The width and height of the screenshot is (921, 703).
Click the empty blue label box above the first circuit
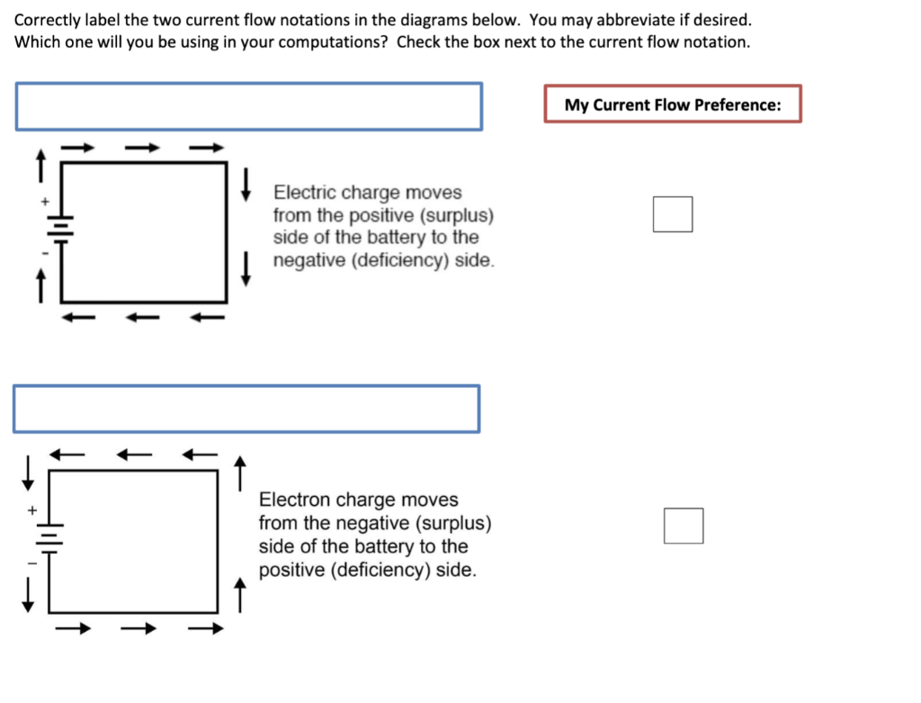(x=248, y=106)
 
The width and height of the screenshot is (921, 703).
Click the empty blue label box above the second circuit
(x=246, y=409)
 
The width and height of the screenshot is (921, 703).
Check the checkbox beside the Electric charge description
(x=673, y=214)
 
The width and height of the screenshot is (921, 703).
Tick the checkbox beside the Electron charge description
(x=684, y=526)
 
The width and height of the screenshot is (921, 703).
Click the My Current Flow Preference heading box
(x=673, y=104)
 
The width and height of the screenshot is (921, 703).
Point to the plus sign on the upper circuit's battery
(x=42, y=202)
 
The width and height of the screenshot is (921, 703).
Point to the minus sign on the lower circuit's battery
(x=31, y=563)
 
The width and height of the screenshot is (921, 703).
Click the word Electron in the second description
(x=294, y=500)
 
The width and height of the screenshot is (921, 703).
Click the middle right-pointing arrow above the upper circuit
(x=142, y=147)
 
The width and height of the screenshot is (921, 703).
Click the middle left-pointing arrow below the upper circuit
(x=142, y=317)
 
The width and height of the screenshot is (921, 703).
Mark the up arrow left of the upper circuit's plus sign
(x=40, y=166)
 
